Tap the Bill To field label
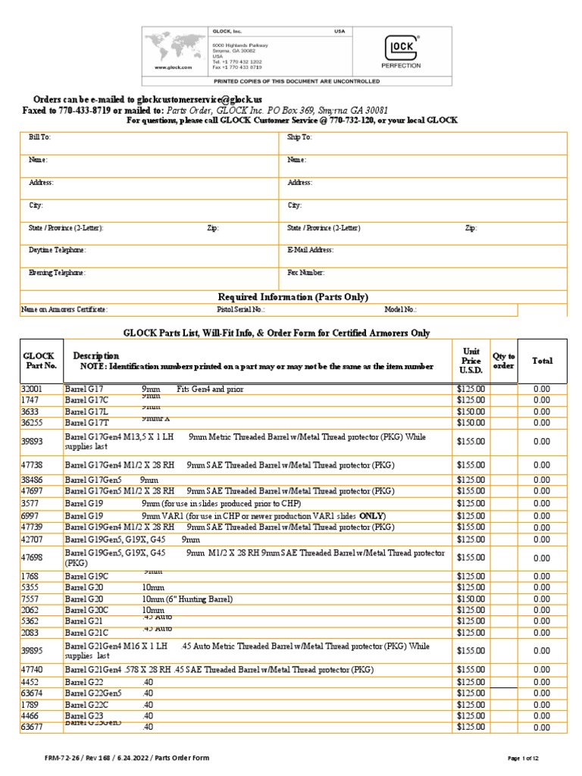pyautogui.click(x=39, y=138)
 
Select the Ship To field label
pyautogui.click(x=299, y=138)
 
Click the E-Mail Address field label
pyautogui.click(x=311, y=249)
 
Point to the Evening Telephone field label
pyautogui.click(x=57, y=272)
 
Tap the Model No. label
pyautogui.click(x=401, y=309)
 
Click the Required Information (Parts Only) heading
pyautogui.click(x=293, y=297)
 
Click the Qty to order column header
pyautogui.click(x=504, y=361)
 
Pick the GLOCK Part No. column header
pyautogui.click(x=40, y=361)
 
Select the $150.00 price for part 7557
pyautogui.click(x=471, y=599)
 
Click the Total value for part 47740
pyautogui.click(x=541, y=670)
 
